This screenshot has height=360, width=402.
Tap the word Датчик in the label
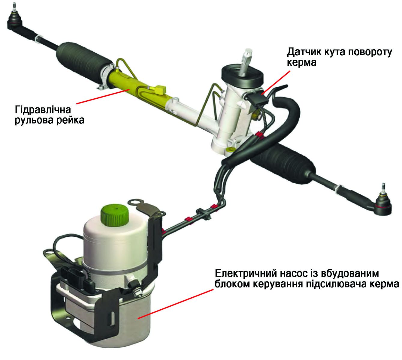304,52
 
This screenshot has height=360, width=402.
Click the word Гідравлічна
43,109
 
